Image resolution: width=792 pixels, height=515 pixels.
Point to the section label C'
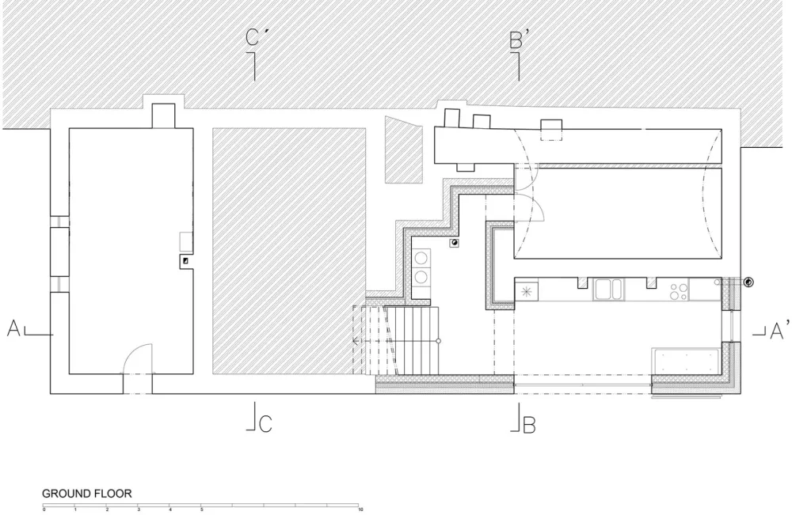click(x=253, y=37)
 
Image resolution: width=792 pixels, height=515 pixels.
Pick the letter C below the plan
click(x=265, y=425)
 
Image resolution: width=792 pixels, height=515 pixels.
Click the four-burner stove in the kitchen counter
click(x=677, y=290)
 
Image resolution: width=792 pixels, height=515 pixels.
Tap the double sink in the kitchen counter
click(x=610, y=290)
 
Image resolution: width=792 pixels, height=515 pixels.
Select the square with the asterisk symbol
click(x=527, y=290)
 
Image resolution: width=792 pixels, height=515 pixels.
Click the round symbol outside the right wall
click(x=747, y=282)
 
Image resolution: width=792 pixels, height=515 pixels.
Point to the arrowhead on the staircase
click(x=356, y=340)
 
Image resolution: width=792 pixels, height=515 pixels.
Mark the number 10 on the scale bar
click(x=360, y=511)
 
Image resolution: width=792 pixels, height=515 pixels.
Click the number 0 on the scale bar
click(x=44, y=511)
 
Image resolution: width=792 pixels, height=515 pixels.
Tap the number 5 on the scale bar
click(x=202, y=511)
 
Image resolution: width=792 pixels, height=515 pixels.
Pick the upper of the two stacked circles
click(x=421, y=258)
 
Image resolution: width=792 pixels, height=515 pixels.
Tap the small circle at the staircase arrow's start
click(x=439, y=340)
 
